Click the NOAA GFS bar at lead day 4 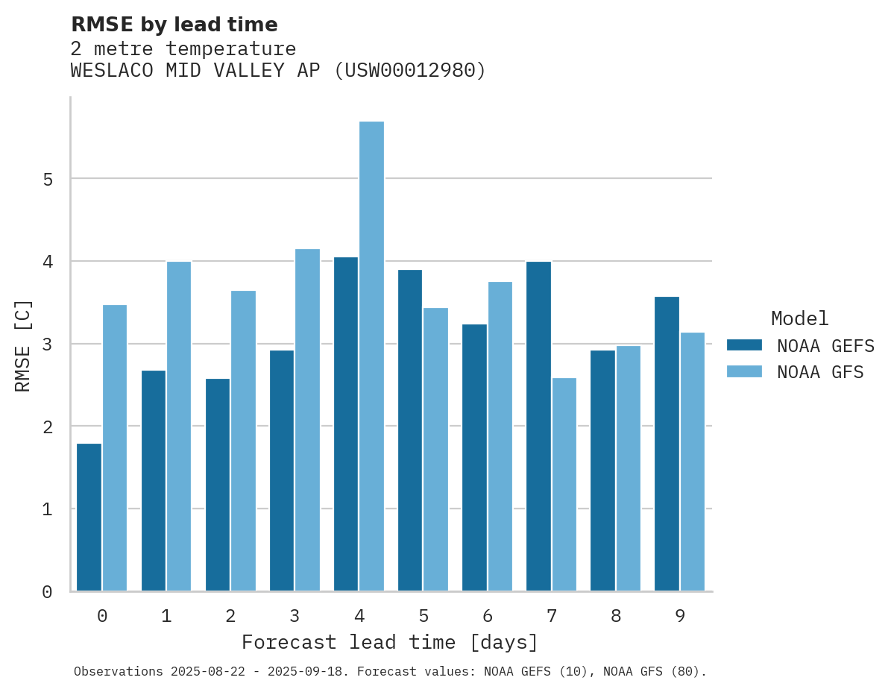(371, 356)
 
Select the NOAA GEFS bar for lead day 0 (89, 517)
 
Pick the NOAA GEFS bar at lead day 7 (538, 426)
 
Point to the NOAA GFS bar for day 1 (179, 426)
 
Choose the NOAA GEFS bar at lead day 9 (667, 444)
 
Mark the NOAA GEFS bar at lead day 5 (410, 430)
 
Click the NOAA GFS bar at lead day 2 (243, 441)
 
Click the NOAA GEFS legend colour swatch (744, 345)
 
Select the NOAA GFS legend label (820, 372)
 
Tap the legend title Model (799, 318)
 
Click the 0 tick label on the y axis (47, 592)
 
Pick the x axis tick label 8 (615, 616)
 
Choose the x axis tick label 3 (295, 616)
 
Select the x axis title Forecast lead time (389, 642)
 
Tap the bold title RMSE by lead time (174, 25)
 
